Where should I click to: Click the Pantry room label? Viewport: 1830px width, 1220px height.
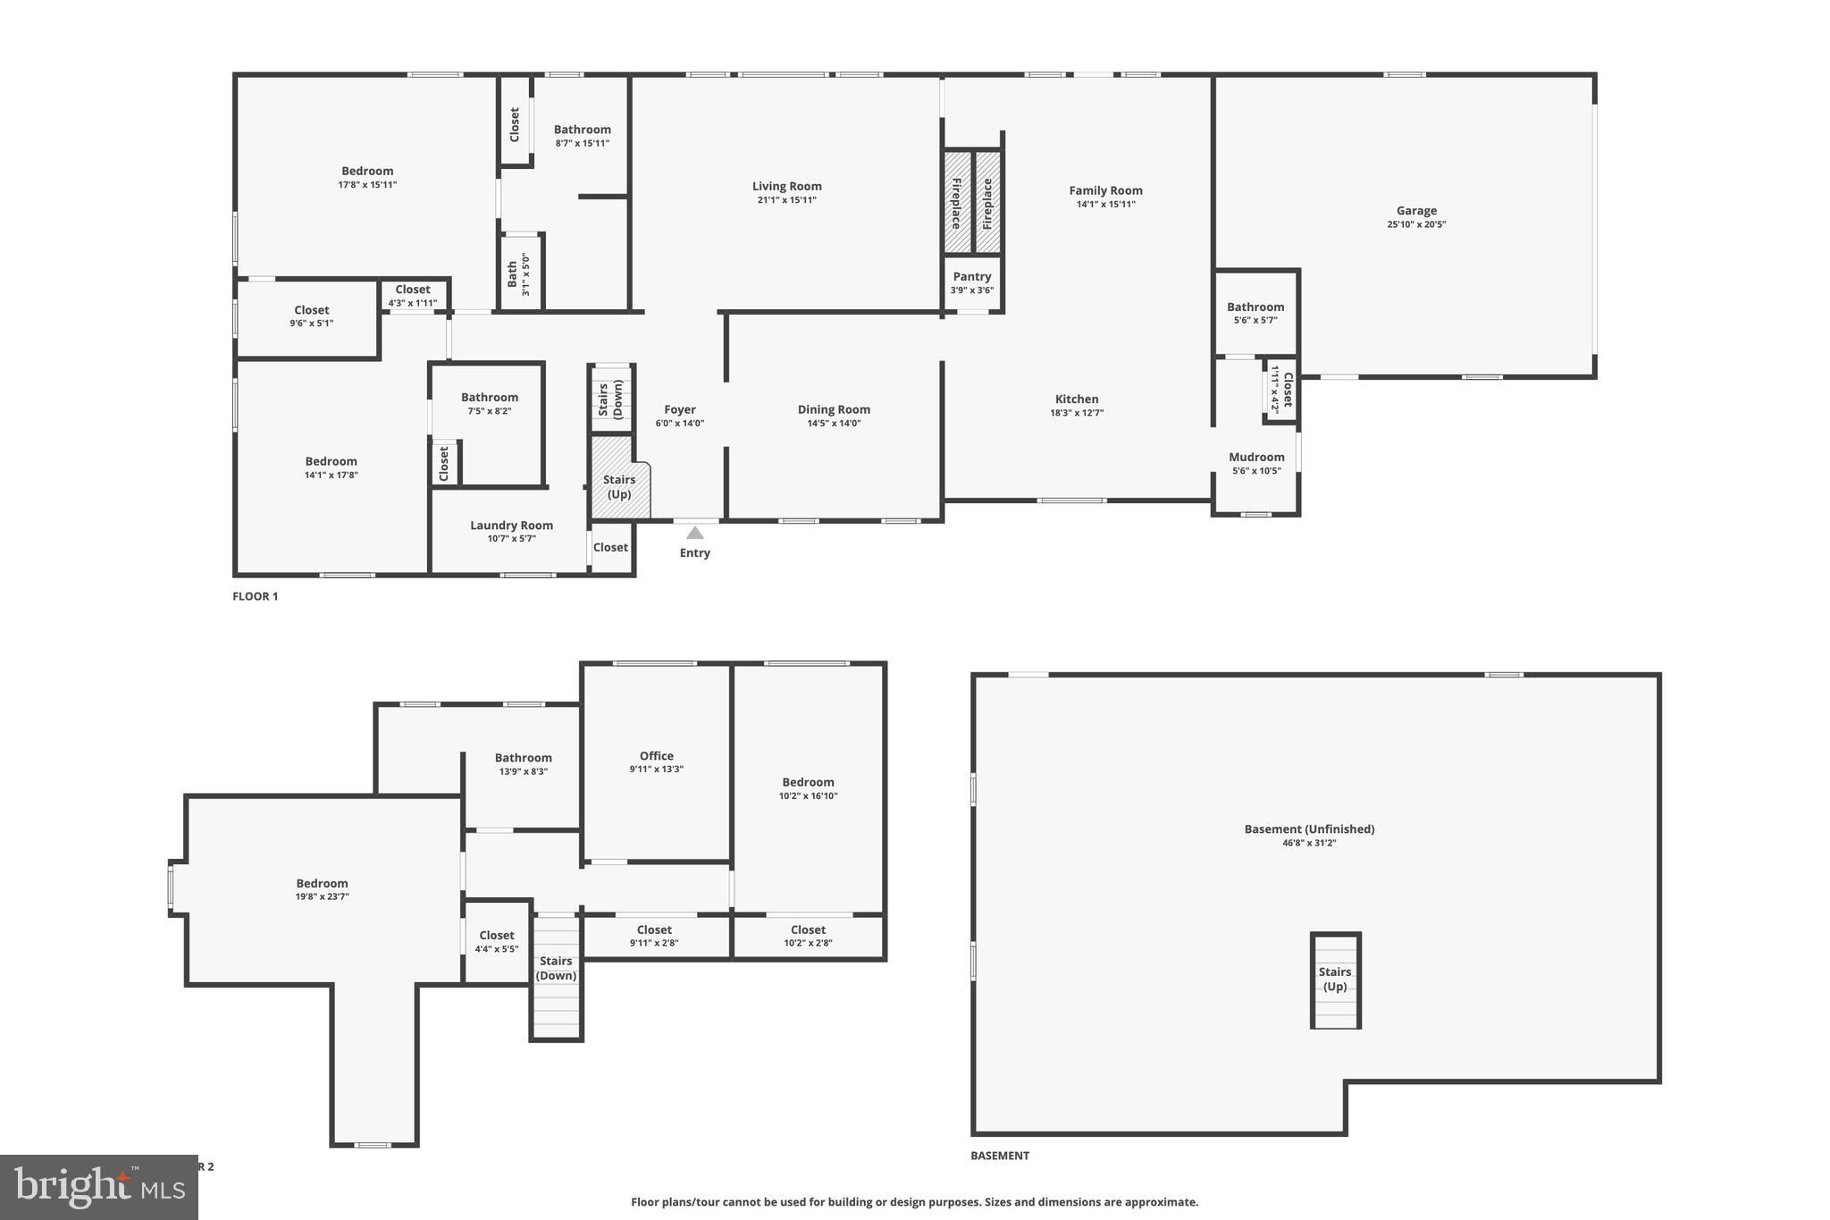[971, 277]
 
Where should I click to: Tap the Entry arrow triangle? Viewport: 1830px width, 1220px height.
[694, 534]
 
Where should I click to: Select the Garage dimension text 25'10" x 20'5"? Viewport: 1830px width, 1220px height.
[1416, 225]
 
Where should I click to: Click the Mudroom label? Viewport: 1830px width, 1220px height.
[1256, 458]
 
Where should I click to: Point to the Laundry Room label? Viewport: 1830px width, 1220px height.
[511, 526]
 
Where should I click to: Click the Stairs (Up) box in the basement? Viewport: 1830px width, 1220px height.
[1335, 980]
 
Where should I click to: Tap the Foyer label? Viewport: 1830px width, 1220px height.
[679, 410]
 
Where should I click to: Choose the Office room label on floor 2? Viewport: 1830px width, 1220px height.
[656, 756]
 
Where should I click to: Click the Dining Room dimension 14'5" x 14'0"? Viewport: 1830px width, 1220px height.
[834, 424]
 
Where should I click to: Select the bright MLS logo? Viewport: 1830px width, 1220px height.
[99, 1186]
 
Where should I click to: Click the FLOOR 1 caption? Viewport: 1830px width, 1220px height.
[256, 596]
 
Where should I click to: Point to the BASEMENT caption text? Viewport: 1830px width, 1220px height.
[1000, 1156]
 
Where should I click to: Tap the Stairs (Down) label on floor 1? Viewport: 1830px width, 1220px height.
[610, 400]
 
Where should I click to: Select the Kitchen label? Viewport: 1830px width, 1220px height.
[1077, 400]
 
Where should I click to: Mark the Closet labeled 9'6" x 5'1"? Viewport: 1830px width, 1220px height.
[311, 316]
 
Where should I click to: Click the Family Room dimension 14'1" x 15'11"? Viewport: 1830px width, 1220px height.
[1105, 205]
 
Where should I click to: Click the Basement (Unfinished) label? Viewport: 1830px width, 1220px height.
[1309, 829]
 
